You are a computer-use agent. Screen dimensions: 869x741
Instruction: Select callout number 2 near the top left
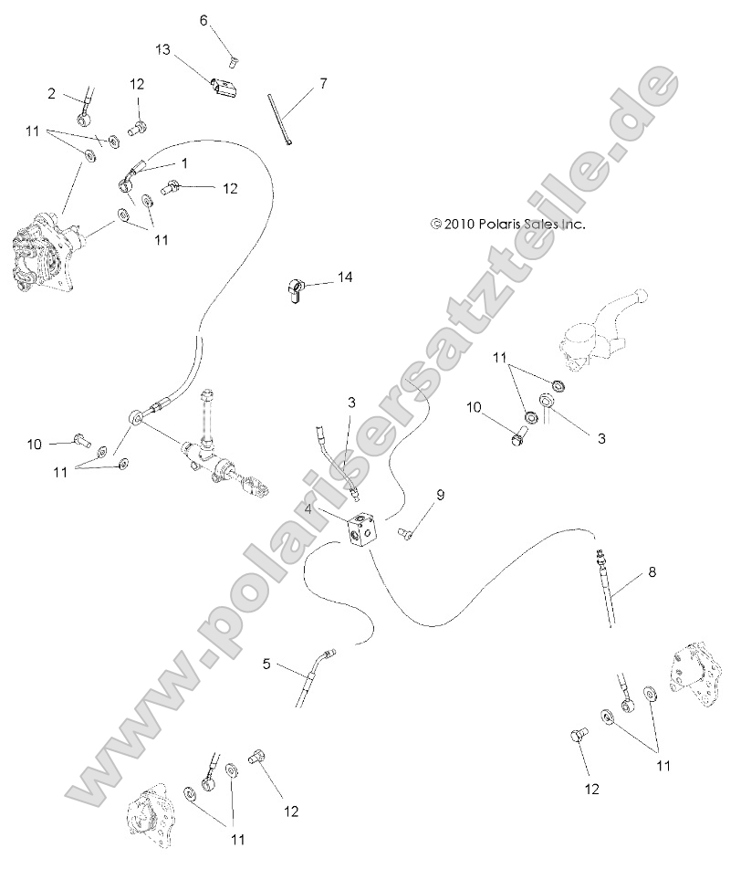point(52,93)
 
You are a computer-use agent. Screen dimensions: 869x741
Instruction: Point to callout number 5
point(266,664)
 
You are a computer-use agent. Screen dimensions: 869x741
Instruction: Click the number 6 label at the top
point(204,19)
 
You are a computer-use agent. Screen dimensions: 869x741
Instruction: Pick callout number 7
point(322,84)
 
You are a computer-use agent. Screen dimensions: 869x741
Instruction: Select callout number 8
point(652,572)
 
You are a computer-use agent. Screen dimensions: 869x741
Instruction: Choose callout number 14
point(343,276)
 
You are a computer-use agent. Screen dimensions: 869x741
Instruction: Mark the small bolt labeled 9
point(404,534)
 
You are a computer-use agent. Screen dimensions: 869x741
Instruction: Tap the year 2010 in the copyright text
point(458,223)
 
